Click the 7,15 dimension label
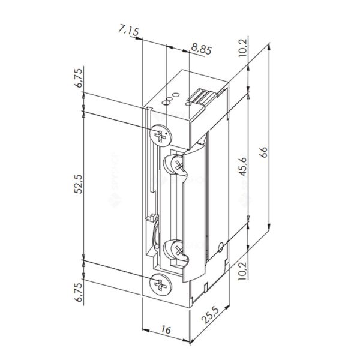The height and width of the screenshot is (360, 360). [x=129, y=31]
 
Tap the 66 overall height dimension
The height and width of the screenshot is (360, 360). [x=264, y=152]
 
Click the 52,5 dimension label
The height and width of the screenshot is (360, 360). [x=79, y=184]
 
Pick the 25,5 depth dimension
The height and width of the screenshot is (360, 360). [x=211, y=314]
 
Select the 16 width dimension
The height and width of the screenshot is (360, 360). [x=166, y=330]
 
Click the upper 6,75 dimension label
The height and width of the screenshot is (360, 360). [x=79, y=78]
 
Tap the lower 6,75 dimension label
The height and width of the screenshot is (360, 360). [x=79, y=292]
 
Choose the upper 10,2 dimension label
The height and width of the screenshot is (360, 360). [x=243, y=48]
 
